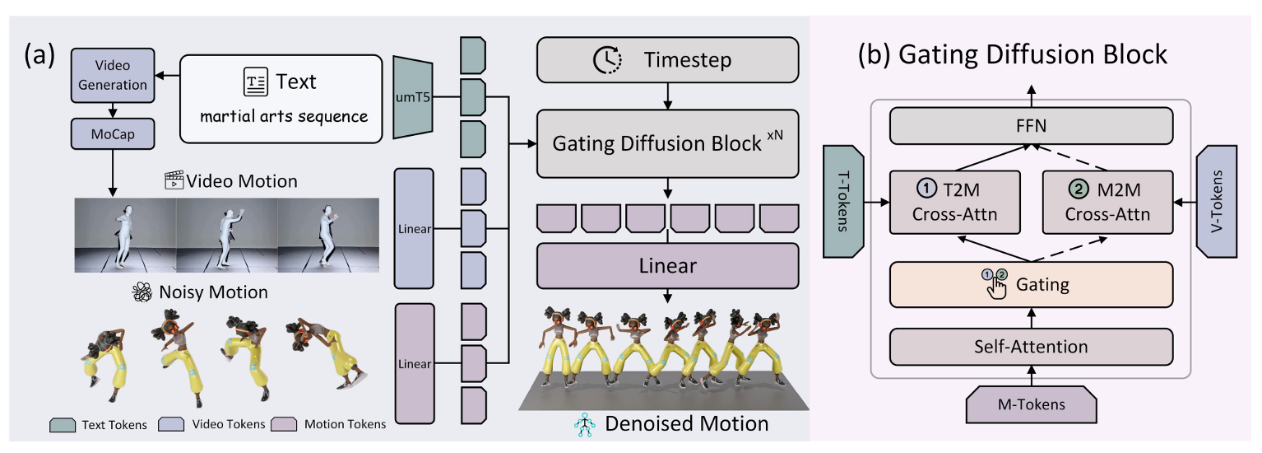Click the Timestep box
pyautogui.click(x=668, y=60)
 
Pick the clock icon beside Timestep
pyautogui.click(x=608, y=60)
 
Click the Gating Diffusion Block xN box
pyautogui.click(x=668, y=142)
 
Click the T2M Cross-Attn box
pyautogui.click(x=954, y=203)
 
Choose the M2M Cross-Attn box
pyautogui.click(x=1108, y=203)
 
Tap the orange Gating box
pyautogui.click(x=1032, y=285)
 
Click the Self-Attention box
pyautogui.click(x=1032, y=346)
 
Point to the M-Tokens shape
pyautogui.click(x=1032, y=404)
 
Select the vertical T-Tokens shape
pyautogui.click(x=842, y=203)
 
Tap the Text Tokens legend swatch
pyautogui.click(x=63, y=425)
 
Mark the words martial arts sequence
pyautogui.click(x=284, y=115)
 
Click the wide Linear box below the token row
pyautogui.click(x=668, y=266)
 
